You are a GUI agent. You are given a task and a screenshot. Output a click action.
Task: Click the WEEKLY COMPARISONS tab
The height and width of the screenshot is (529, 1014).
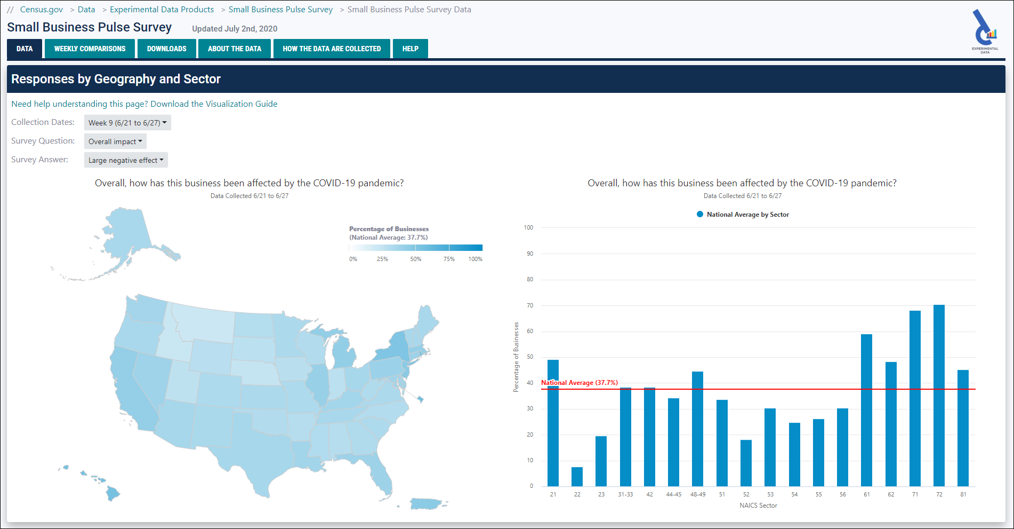click(x=90, y=49)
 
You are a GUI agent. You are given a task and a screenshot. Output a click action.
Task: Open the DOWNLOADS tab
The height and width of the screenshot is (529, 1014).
click(x=166, y=49)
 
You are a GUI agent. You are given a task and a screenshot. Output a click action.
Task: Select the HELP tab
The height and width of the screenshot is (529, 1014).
click(x=410, y=49)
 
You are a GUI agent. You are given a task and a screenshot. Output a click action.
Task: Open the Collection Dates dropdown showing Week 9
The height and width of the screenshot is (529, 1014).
click(x=127, y=123)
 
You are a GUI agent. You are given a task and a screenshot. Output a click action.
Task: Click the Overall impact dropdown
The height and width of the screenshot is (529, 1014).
click(x=115, y=141)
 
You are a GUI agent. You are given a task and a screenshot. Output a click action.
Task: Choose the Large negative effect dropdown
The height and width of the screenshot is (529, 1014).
click(x=126, y=160)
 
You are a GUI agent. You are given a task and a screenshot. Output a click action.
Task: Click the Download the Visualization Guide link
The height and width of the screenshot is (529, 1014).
click(x=214, y=104)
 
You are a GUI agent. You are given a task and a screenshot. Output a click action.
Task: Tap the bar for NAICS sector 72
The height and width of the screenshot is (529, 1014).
click(x=939, y=395)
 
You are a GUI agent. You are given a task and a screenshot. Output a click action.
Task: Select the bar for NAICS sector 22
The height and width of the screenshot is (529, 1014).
click(x=577, y=477)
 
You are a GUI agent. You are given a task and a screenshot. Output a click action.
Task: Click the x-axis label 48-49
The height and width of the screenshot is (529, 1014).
click(x=697, y=494)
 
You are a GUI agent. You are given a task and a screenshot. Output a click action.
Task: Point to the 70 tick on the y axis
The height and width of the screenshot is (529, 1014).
click(x=530, y=305)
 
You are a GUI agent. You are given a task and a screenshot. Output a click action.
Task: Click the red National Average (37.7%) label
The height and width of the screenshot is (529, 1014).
click(x=580, y=383)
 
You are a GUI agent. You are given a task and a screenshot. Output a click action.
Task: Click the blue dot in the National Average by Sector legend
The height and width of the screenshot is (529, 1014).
click(x=700, y=214)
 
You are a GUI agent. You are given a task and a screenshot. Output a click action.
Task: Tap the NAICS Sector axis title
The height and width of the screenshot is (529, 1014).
click(x=758, y=506)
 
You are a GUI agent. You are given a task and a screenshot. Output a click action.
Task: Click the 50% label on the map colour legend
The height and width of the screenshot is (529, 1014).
click(x=416, y=259)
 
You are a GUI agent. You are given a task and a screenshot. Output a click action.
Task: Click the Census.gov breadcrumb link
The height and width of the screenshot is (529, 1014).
click(x=41, y=10)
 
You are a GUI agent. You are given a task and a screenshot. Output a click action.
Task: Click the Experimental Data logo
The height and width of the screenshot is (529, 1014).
click(x=985, y=31)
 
